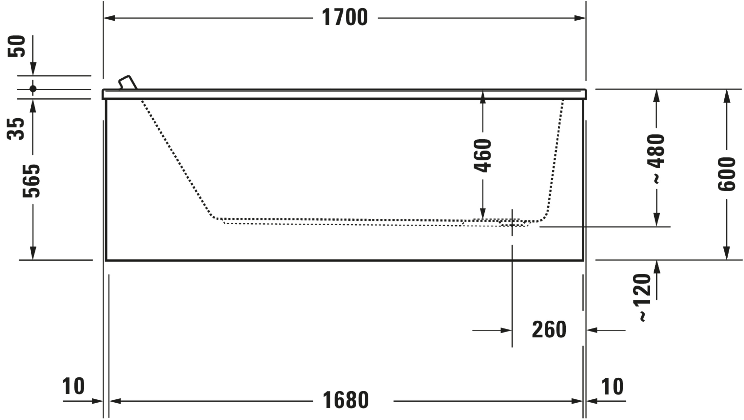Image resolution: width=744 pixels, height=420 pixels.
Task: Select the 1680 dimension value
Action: pyautogui.click(x=345, y=400)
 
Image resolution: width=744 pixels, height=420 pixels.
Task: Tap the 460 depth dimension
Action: pyautogui.click(x=483, y=156)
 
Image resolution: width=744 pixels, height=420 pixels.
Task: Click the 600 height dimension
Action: pyautogui.click(x=726, y=174)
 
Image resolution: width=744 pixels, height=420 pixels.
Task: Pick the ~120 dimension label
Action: pyautogui.click(x=642, y=297)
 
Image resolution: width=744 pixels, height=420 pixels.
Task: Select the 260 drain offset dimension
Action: pyautogui.click(x=549, y=330)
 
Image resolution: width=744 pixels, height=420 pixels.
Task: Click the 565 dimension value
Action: pyautogui.click(x=31, y=181)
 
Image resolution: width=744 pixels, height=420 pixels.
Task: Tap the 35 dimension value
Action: pyautogui.click(x=16, y=129)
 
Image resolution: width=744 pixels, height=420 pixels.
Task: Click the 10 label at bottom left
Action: pyautogui.click(x=73, y=386)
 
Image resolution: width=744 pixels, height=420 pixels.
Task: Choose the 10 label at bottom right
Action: pyautogui.click(x=612, y=386)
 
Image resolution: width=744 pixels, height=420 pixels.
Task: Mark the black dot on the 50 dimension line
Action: pyautogui.click(x=33, y=89)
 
